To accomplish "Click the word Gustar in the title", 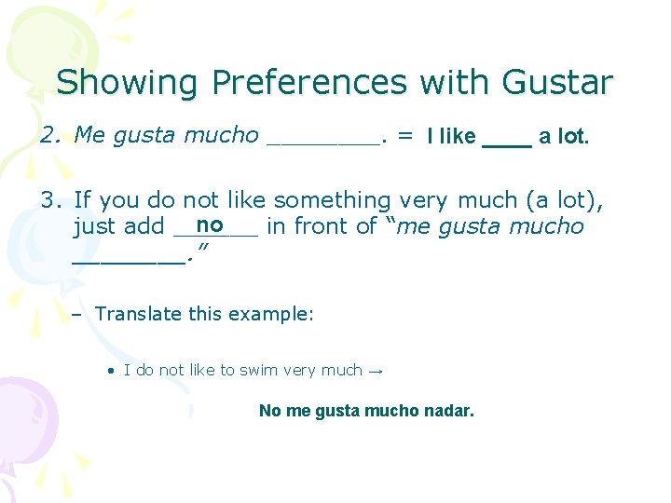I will (557, 83).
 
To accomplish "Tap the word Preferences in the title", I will (309, 83).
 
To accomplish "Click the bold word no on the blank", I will (210, 224).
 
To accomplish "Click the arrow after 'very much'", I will (376, 371).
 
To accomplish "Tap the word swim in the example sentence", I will (259, 371).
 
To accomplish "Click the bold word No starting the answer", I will (270, 410).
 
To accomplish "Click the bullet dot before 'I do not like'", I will (111, 371).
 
